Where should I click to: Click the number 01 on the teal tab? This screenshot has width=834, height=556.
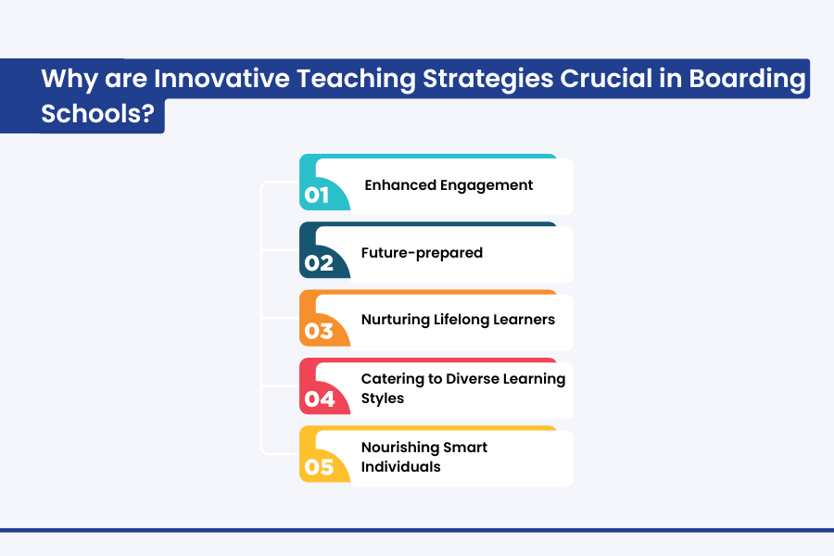pyautogui.click(x=317, y=196)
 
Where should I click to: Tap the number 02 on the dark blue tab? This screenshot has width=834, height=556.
pyautogui.click(x=319, y=263)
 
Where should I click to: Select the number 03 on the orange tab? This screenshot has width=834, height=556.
pyautogui.click(x=319, y=331)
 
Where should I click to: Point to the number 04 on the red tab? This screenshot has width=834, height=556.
pyautogui.click(x=320, y=399)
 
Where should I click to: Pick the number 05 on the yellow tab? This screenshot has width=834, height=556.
pyautogui.click(x=319, y=467)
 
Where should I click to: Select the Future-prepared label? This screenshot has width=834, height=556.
pyautogui.click(x=422, y=253)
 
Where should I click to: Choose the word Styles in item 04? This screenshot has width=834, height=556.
pyautogui.click(x=383, y=398)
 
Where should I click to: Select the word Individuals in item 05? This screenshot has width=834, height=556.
pyautogui.click(x=401, y=467)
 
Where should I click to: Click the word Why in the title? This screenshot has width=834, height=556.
pyautogui.click(x=69, y=80)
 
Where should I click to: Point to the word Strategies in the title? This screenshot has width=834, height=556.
pyautogui.click(x=487, y=80)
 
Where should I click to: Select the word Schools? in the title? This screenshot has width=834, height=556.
pyautogui.click(x=98, y=113)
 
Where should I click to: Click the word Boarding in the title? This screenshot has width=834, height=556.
pyautogui.click(x=747, y=80)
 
